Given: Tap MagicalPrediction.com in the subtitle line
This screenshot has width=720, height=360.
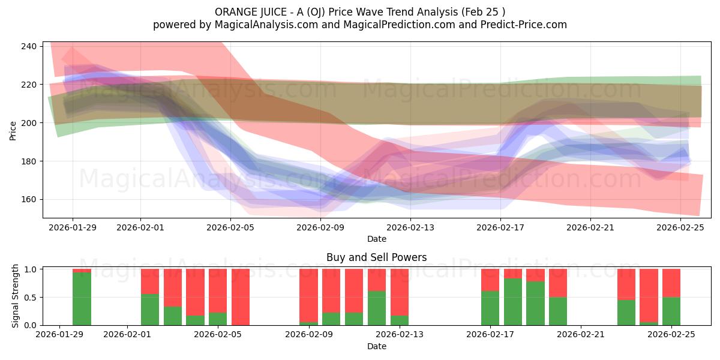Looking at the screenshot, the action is [x=399, y=25].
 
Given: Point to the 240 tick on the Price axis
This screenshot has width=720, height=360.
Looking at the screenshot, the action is [x=29, y=46].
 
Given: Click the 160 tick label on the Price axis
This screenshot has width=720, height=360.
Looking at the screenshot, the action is [x=29, y=199].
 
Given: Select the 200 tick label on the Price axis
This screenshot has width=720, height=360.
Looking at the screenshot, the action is [x=29, y=123].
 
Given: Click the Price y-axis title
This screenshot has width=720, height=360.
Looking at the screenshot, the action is [x=13, y=131].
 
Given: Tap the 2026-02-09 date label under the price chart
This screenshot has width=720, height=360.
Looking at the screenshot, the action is [x=320, y=227].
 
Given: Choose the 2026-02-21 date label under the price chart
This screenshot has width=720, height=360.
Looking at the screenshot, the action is [x=590, y=227].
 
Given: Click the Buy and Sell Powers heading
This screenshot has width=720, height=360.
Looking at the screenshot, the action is [x=376, y=257].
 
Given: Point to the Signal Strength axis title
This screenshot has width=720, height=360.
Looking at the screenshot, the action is [x=15, y=296].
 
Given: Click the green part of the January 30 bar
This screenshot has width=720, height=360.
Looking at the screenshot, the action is [x=82, y=299].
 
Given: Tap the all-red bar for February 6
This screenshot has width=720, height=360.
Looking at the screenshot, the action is [x=241, y=297].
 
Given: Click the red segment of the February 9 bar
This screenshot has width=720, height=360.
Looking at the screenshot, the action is [x=308, y=295].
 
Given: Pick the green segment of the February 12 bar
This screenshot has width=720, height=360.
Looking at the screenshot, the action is [x=377, y=308].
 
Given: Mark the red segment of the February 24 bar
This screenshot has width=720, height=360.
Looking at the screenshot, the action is [x=649, y=295].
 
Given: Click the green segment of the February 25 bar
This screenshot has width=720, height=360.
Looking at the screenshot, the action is [x=671, y=311].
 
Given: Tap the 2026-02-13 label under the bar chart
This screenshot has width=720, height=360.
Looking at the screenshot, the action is [x=400, y=334].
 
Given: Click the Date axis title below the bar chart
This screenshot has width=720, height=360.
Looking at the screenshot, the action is [x=376, y=346].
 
